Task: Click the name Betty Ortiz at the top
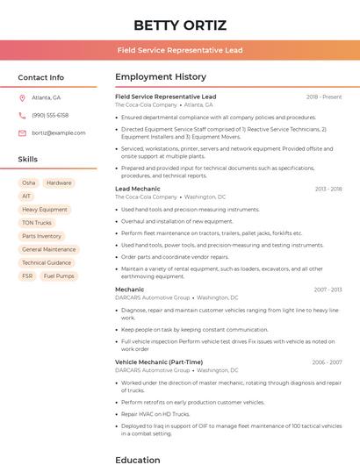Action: pyautogui.click(x=179, y=25)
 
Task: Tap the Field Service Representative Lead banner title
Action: pyautogui.click(x=179, y=50)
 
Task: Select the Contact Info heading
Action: pyautogui.click(x=41, y=77)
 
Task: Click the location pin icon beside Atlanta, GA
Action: pyautogui.click(x=22, y=97)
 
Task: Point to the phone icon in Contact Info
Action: pyautogui.click(x=22, y=115)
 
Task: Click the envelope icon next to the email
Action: pyautogui.click(x=22, y=132)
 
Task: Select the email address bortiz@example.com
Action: pyautogui.click(x=59, y=132)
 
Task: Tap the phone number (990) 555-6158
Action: pyautogui.click(x=50, y=115)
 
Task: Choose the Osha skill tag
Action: pyautogui.click(x=29, y=183)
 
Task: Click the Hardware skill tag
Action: pyautogui.click(x=59, y=183)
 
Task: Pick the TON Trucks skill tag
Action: pyautogui.click(x=37, y=223)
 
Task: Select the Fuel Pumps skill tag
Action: pyautogui.click(x=59, y=275)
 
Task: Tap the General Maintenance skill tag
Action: pyautogui.click(x=49, y=249)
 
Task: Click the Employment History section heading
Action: pyautogui.click(x=161, y=77)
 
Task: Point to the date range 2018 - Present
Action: pyautogui.click(x=324, y=97)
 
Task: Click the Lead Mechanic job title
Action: pyautogui.click(x=138, y=189)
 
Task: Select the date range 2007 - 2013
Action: pyautogui.click(x=326, y=289)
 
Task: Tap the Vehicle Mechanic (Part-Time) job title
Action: pyautogui.click(x=159, y=361)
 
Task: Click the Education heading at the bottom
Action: pyautogui.click(x=138, y=459)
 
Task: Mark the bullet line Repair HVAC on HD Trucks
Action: pyautogui.click(x=155, y=413)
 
